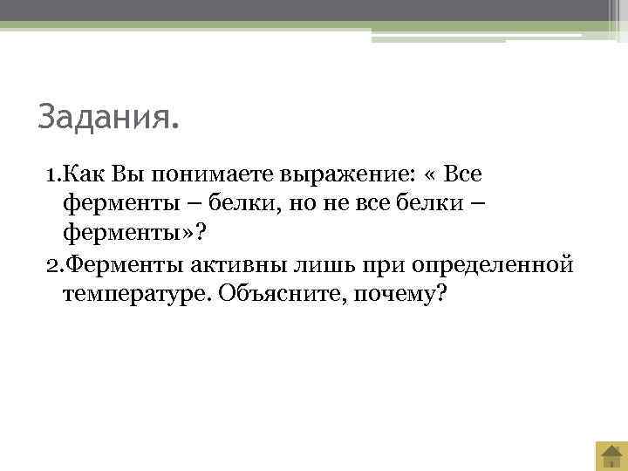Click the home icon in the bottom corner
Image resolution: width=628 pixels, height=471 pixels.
[611, 455]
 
